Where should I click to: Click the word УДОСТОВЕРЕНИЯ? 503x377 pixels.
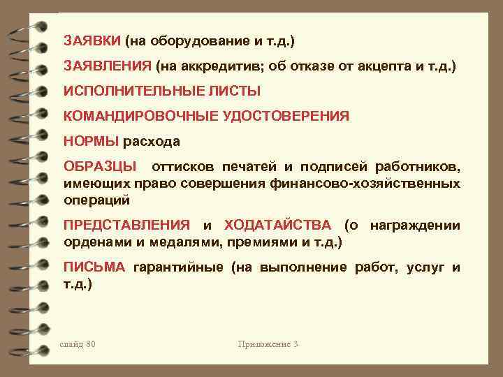coord(286,117)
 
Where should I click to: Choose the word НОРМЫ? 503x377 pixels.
coord(91,142)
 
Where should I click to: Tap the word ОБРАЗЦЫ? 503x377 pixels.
coord(101,168)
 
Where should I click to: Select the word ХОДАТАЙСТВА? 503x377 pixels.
coord(280,226)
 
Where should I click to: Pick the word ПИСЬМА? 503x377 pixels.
coord(94,267)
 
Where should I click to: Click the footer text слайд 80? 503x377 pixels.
coord(78,344)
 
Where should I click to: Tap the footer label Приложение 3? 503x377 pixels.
coord(268,344)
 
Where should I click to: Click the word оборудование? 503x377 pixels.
coord(188,40)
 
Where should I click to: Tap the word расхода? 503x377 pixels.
coord(152,142)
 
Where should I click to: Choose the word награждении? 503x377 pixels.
coord(415,226)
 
